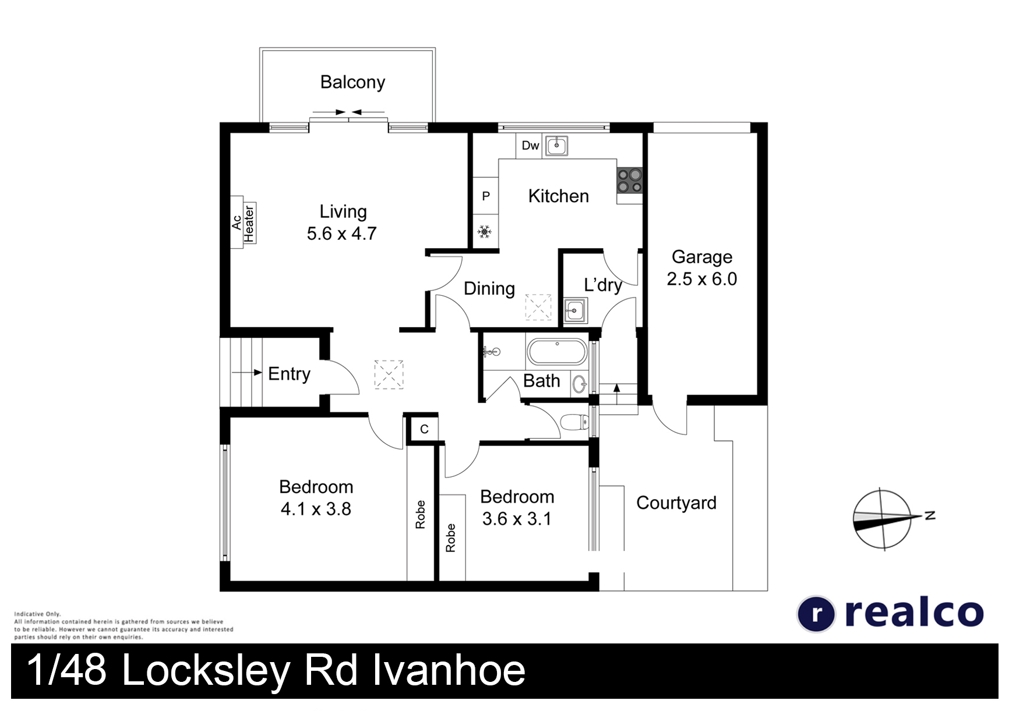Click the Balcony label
point(352,83)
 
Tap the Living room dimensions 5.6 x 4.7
point(342,234)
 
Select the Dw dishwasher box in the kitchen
point(530,146)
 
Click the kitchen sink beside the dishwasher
point(556,146)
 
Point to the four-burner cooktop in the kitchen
point(630,181)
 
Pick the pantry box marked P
point(485,196)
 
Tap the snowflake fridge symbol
point(485,232)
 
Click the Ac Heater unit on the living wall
point(244,222)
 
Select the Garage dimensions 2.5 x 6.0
point(701,279)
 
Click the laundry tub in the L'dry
point(576,311)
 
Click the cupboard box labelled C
point(424,429)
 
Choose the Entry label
point(289,374)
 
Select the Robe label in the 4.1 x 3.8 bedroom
point(420,515)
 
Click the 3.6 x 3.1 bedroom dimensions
point(516,518)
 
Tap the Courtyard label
point(676,503)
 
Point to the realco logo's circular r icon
point(816,614)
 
